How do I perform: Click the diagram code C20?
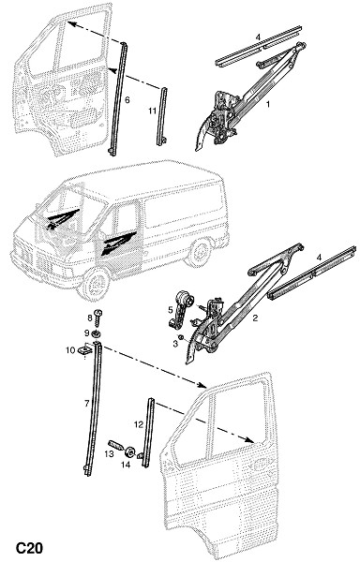[x=29, y=548]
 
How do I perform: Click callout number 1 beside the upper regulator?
[x=267, y=104]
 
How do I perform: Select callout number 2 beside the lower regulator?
[x=255, y=318]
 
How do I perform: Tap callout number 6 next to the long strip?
[x=127, y=99]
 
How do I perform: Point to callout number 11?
[x=153, y=111]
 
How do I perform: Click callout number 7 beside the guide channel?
[x=87, y=404]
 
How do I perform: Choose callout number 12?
[x=139, y=424]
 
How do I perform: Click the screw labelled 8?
[x=97, y=317]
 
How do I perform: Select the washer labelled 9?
[x=97, y=334]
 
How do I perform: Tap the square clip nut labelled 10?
[x=84, y=349]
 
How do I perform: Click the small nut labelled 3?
[x=181, y=337]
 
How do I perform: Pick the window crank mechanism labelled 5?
[x=180, y=308]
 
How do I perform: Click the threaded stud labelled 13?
[x=116, y=444]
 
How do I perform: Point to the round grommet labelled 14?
[x=129, y=451]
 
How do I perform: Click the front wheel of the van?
[x=95, y=283]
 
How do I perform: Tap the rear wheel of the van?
[x=200, y=253]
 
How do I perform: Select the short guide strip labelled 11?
[x=162, y=116]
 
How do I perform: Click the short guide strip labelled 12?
[x=148, y=432]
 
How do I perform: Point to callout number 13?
[x=109, y=453]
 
